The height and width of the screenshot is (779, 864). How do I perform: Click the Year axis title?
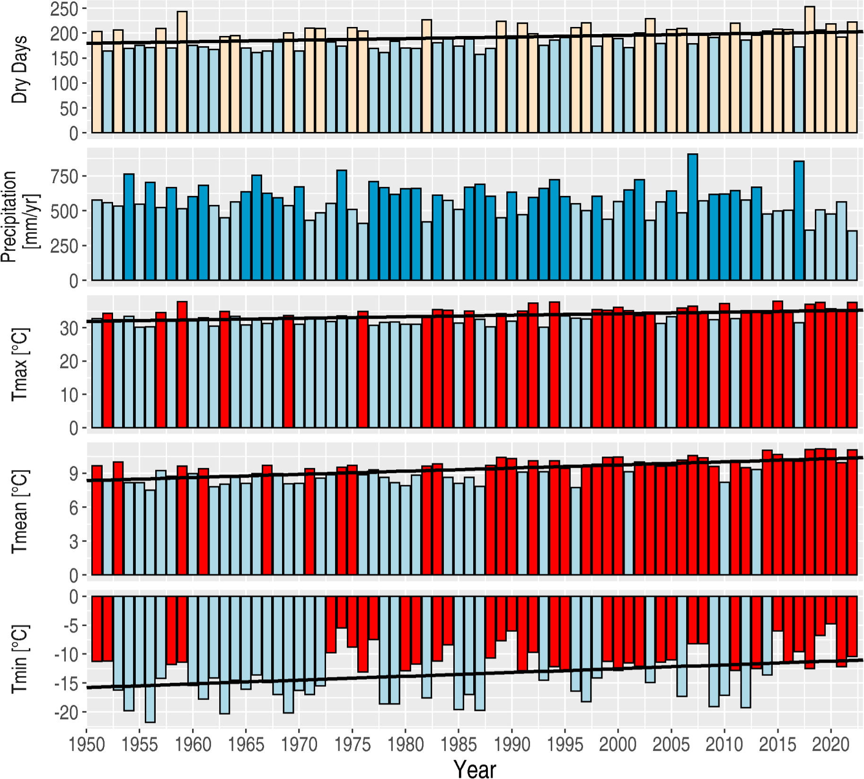(475, 768)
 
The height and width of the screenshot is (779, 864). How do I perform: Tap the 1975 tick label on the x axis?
(352, 744)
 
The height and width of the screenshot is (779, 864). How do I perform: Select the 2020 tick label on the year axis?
(831, 744)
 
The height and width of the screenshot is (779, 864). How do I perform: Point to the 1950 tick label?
(87, 744)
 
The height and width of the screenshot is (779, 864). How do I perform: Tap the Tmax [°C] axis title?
(20, 364)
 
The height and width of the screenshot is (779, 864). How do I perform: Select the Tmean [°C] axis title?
(20, 511)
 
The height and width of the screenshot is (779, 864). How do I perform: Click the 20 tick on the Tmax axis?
(69, 362)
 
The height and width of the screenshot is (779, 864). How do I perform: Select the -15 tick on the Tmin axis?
(66, 683)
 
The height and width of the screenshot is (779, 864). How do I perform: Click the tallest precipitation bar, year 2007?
(692, 218)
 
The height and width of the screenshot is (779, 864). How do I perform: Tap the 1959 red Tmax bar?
(182, 365)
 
